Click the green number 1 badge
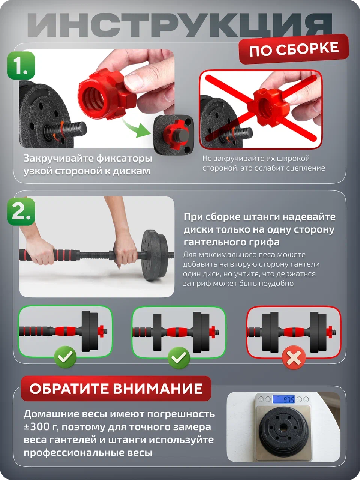click(x=21, y=66)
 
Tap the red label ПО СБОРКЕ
click(x=294, y=49)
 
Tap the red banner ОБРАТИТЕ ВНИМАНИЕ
click(x=116, y=388)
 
